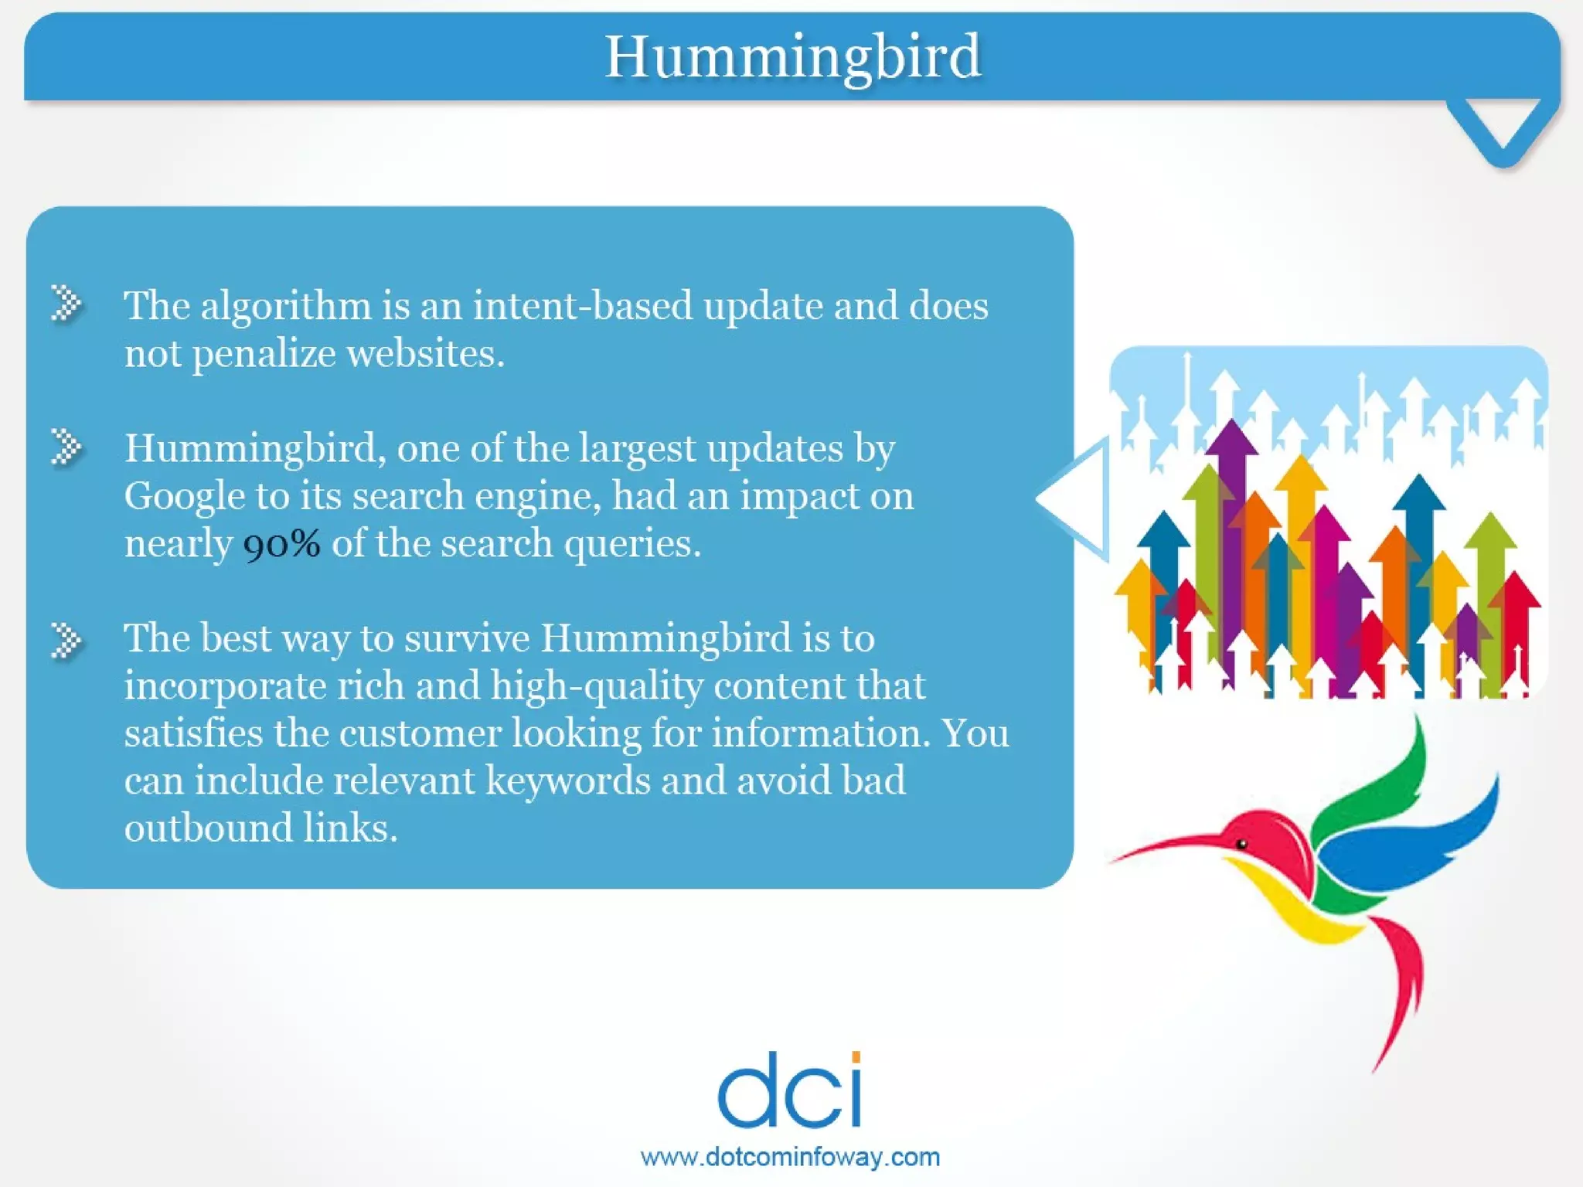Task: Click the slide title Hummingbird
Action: [x=792, y=57]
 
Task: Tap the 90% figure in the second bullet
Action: [x=281, y=544]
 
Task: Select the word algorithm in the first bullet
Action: [x=286, y=306]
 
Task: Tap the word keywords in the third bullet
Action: [x=567, y=781]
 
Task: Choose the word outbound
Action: [x=207, y=828]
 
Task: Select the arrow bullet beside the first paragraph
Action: [x=66, y=302]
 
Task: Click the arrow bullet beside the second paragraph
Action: [x=66, y=447]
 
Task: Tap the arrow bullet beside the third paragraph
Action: [x=66, y=641]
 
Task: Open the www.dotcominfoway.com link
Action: [x=790, y=1157]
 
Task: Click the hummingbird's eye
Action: [x=1242, y=843]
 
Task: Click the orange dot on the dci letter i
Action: [x=855, y=1056]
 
